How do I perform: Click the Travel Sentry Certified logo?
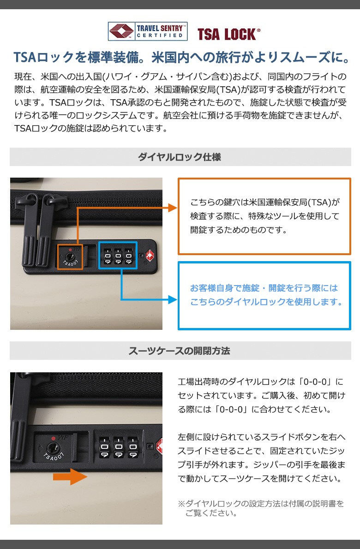pos(147,31)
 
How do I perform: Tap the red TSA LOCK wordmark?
pos(228,34)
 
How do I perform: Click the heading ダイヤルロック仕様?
pos(179,157)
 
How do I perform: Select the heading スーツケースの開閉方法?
pos(179,351)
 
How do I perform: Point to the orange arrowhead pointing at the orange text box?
pos(173,208)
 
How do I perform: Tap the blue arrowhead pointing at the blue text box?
pos(173,300)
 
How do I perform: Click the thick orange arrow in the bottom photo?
pos(70,477)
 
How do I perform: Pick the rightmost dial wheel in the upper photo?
pos(129,257)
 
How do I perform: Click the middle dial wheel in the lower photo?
pos(118,447)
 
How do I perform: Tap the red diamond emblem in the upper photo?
pos(150,255)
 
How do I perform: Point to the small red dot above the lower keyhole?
pos(53,438)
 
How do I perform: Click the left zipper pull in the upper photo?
pos(30,229)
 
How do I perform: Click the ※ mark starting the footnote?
pos(181,504)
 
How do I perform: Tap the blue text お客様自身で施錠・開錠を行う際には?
pos(264,288)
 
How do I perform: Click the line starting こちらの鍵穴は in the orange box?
pos(265,202)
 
